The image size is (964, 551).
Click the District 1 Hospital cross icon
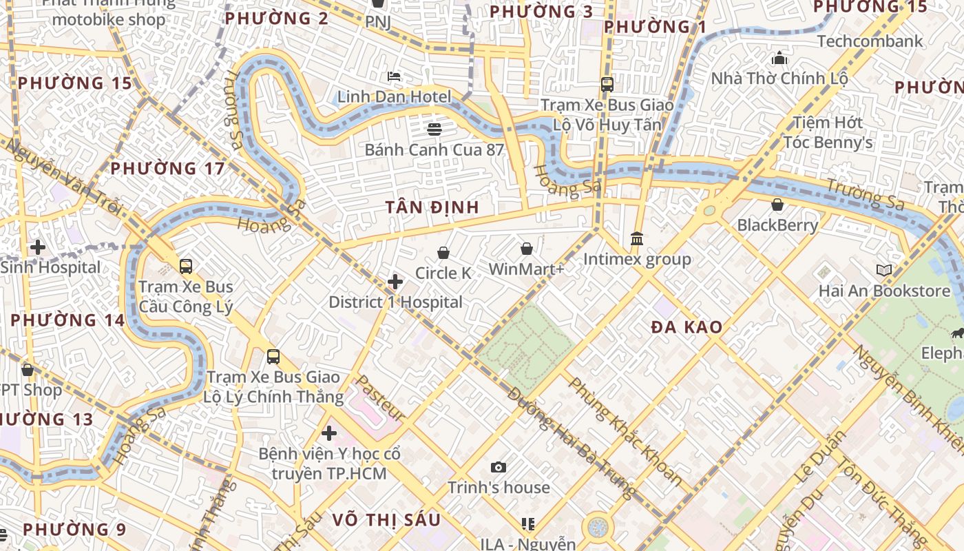[x=395, y=282]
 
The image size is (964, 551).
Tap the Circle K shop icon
[x=443, y=253]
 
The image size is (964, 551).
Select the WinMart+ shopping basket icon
[x=527, y=249]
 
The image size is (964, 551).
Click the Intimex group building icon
[x=637, y=239]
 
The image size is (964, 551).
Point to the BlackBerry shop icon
[x=777, y=205]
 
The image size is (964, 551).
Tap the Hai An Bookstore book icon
[x=884, y=271]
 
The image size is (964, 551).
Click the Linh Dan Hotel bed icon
[x=394, y=76]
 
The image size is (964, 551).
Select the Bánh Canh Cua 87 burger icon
[x=434, y=129]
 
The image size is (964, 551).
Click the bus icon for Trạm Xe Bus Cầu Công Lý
[x=186, y=267]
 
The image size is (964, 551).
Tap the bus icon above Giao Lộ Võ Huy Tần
[x=607, y=85]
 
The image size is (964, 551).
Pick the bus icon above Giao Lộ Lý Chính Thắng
[x=273, y=357]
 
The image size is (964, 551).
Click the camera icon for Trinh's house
[x=499, y=468]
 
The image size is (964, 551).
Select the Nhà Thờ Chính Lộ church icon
[x=779, y=58]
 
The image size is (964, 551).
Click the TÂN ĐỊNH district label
[x=432, y=207]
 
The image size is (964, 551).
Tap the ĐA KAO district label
[x=687, y=327]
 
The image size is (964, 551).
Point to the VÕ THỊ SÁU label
[x=386, y=520]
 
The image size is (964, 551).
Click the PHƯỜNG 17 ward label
[x=167, y=169]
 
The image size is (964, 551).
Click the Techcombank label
[x=870, y=41]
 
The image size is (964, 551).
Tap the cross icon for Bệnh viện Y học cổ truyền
[x=329, y=433]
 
